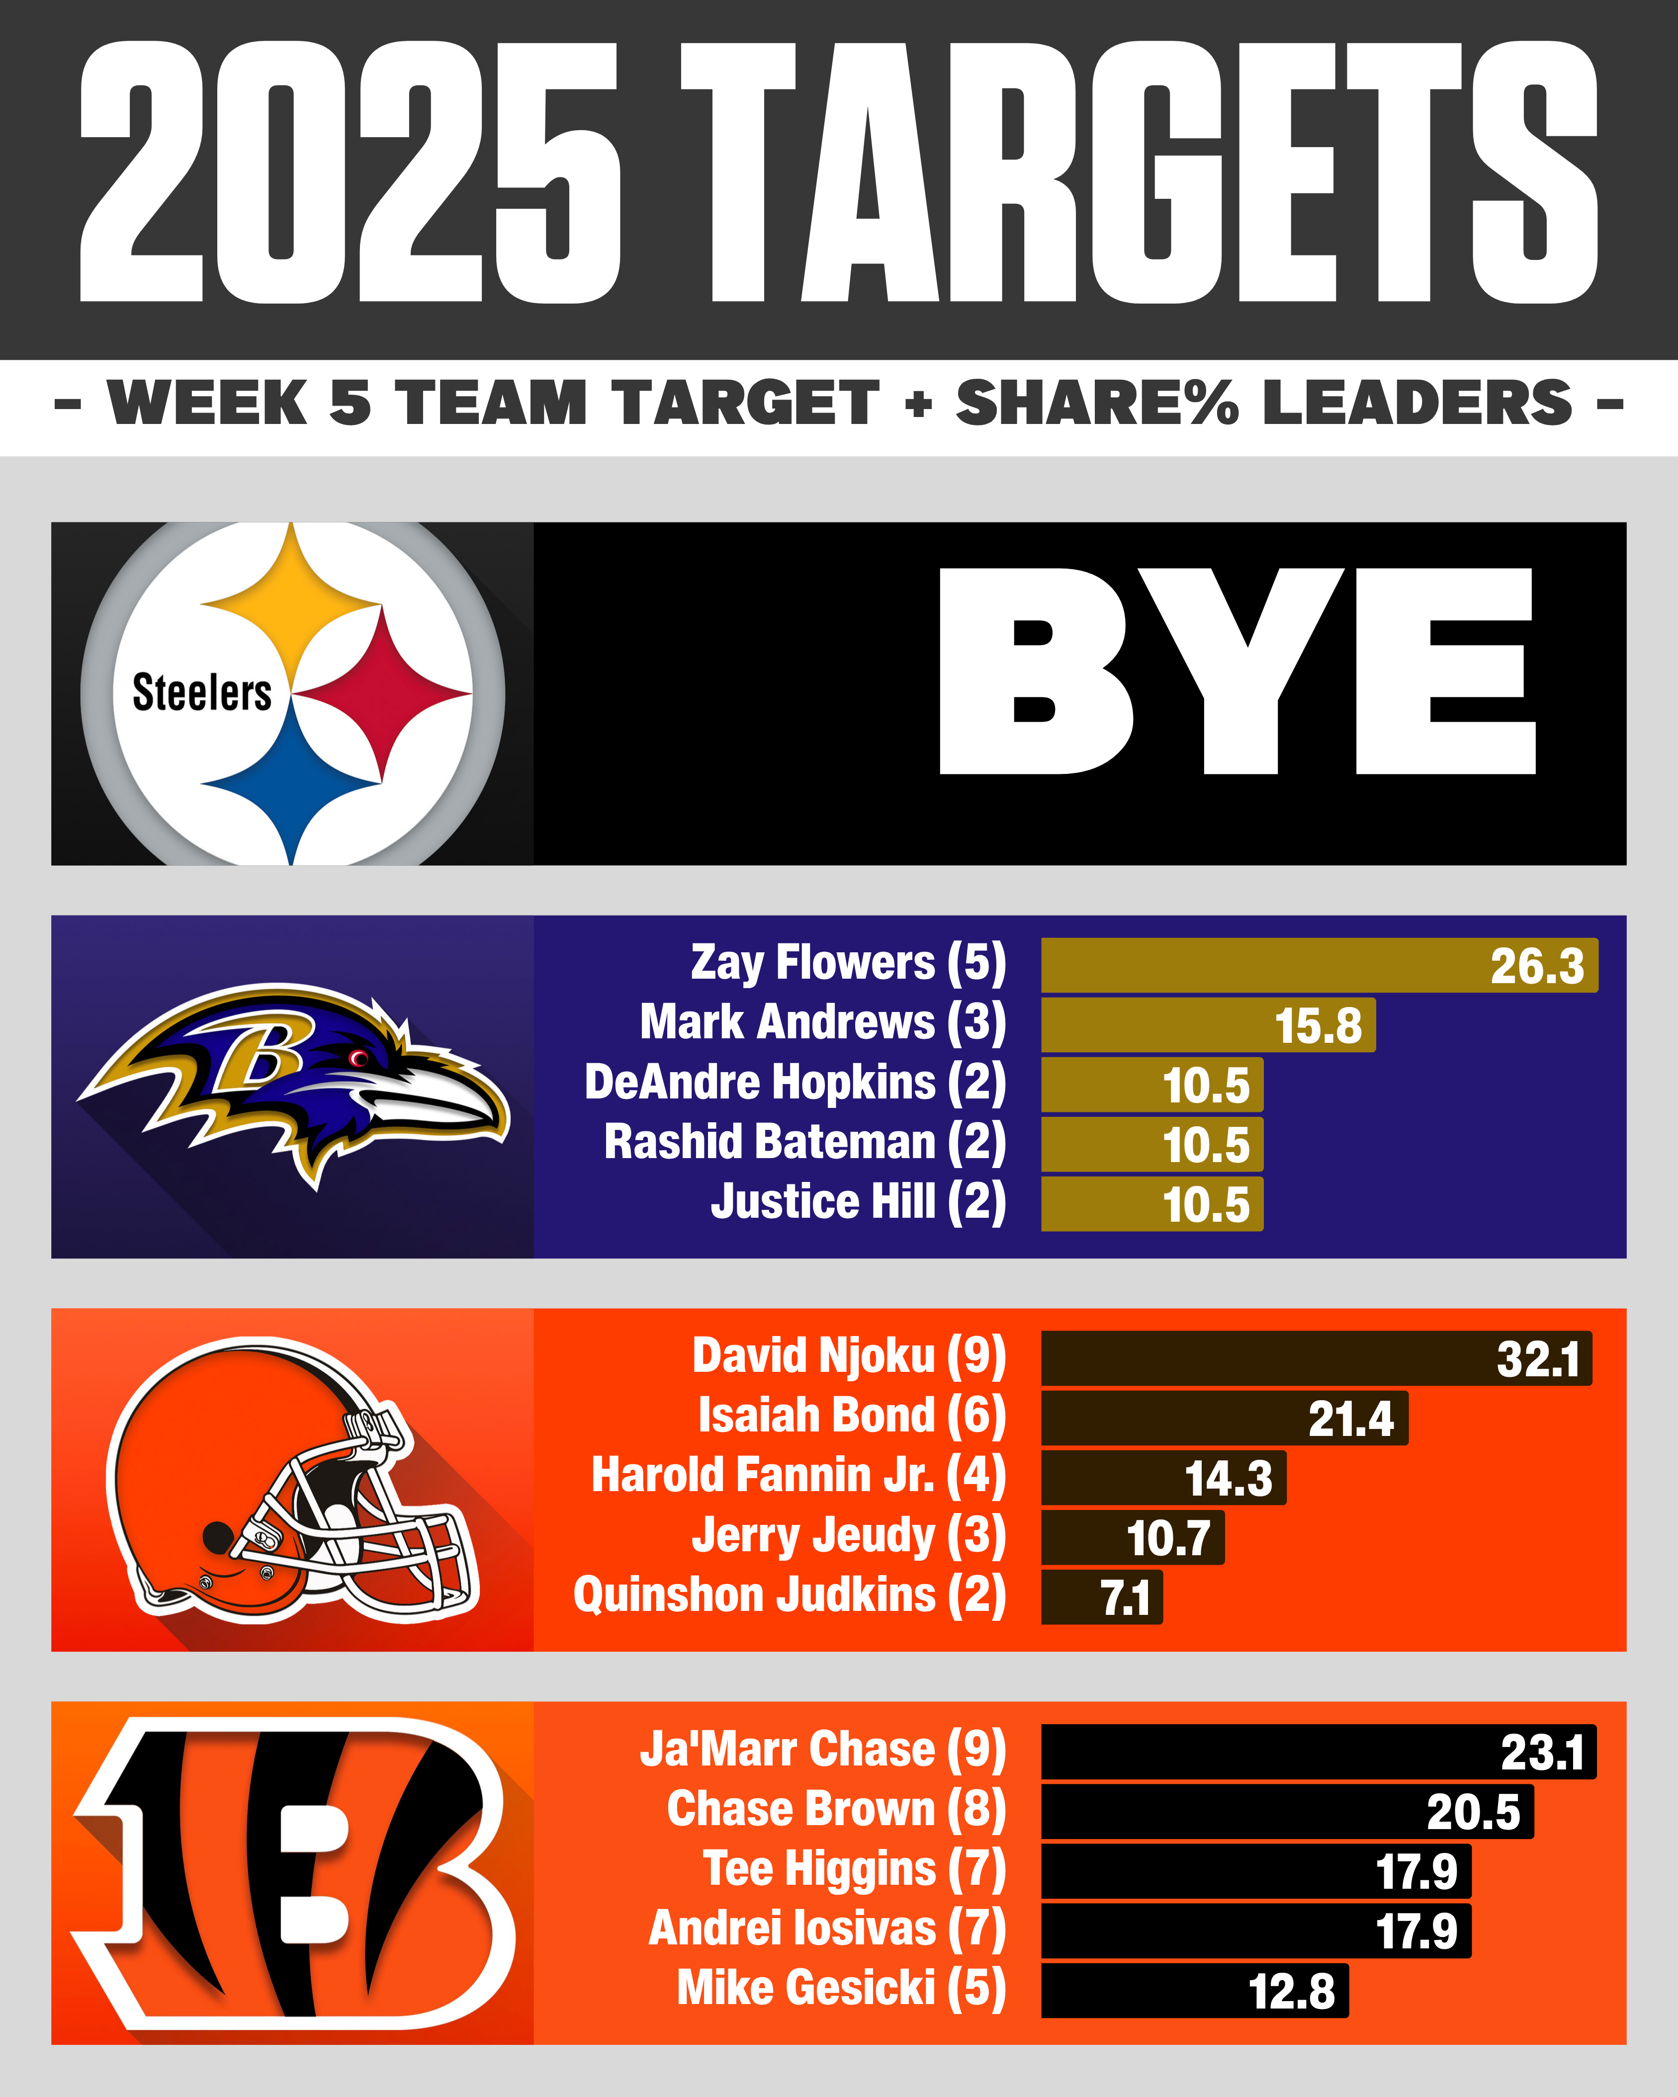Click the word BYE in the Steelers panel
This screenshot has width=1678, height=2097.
coord(1236,671)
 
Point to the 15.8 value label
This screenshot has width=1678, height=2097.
coord(1318,1026)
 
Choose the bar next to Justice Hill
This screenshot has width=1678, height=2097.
coord(1152,1204)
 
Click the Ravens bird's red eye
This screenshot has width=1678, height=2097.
coord(358,1057)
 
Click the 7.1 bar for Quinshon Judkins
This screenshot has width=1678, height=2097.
coord(1101,1597)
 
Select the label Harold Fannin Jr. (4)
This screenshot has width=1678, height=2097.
coord(797,1476)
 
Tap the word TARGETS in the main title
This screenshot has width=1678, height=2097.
coord(1138,173)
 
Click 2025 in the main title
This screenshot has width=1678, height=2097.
coord(350,173)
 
